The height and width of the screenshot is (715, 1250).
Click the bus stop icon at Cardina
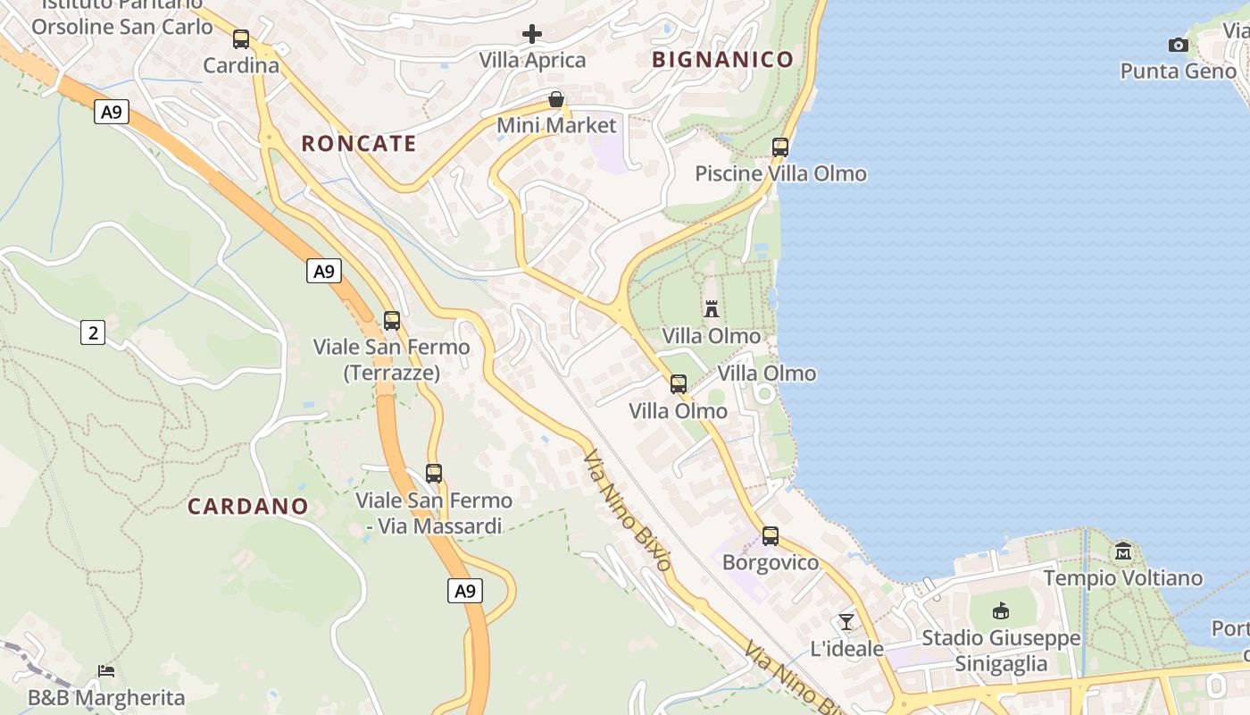241,39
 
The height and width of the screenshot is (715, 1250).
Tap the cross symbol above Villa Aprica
532,35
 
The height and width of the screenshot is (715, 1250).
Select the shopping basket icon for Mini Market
556,99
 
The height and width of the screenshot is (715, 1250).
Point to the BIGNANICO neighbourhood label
722,60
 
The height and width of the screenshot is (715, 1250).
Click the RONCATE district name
359,144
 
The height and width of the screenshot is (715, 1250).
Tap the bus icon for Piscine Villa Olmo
780,147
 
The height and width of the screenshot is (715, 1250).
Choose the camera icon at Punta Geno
1179,45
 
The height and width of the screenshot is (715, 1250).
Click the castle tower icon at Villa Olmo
712,309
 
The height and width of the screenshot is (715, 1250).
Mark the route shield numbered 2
93,333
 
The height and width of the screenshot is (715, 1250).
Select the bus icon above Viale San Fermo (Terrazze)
391,321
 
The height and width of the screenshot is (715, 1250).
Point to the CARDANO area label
248,507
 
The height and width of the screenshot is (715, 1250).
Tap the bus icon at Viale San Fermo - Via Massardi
434,474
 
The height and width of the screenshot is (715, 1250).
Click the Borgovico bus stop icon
770,536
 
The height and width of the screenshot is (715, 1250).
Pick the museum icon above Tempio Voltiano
1123,551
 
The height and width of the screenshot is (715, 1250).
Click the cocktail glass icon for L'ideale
846,621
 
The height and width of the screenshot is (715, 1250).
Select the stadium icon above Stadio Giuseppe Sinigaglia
1001,611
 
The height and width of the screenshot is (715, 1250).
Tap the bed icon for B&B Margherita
106,670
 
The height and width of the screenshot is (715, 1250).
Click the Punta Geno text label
1178,71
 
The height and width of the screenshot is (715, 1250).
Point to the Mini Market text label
556,125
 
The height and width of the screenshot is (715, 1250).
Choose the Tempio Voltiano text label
1122,578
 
